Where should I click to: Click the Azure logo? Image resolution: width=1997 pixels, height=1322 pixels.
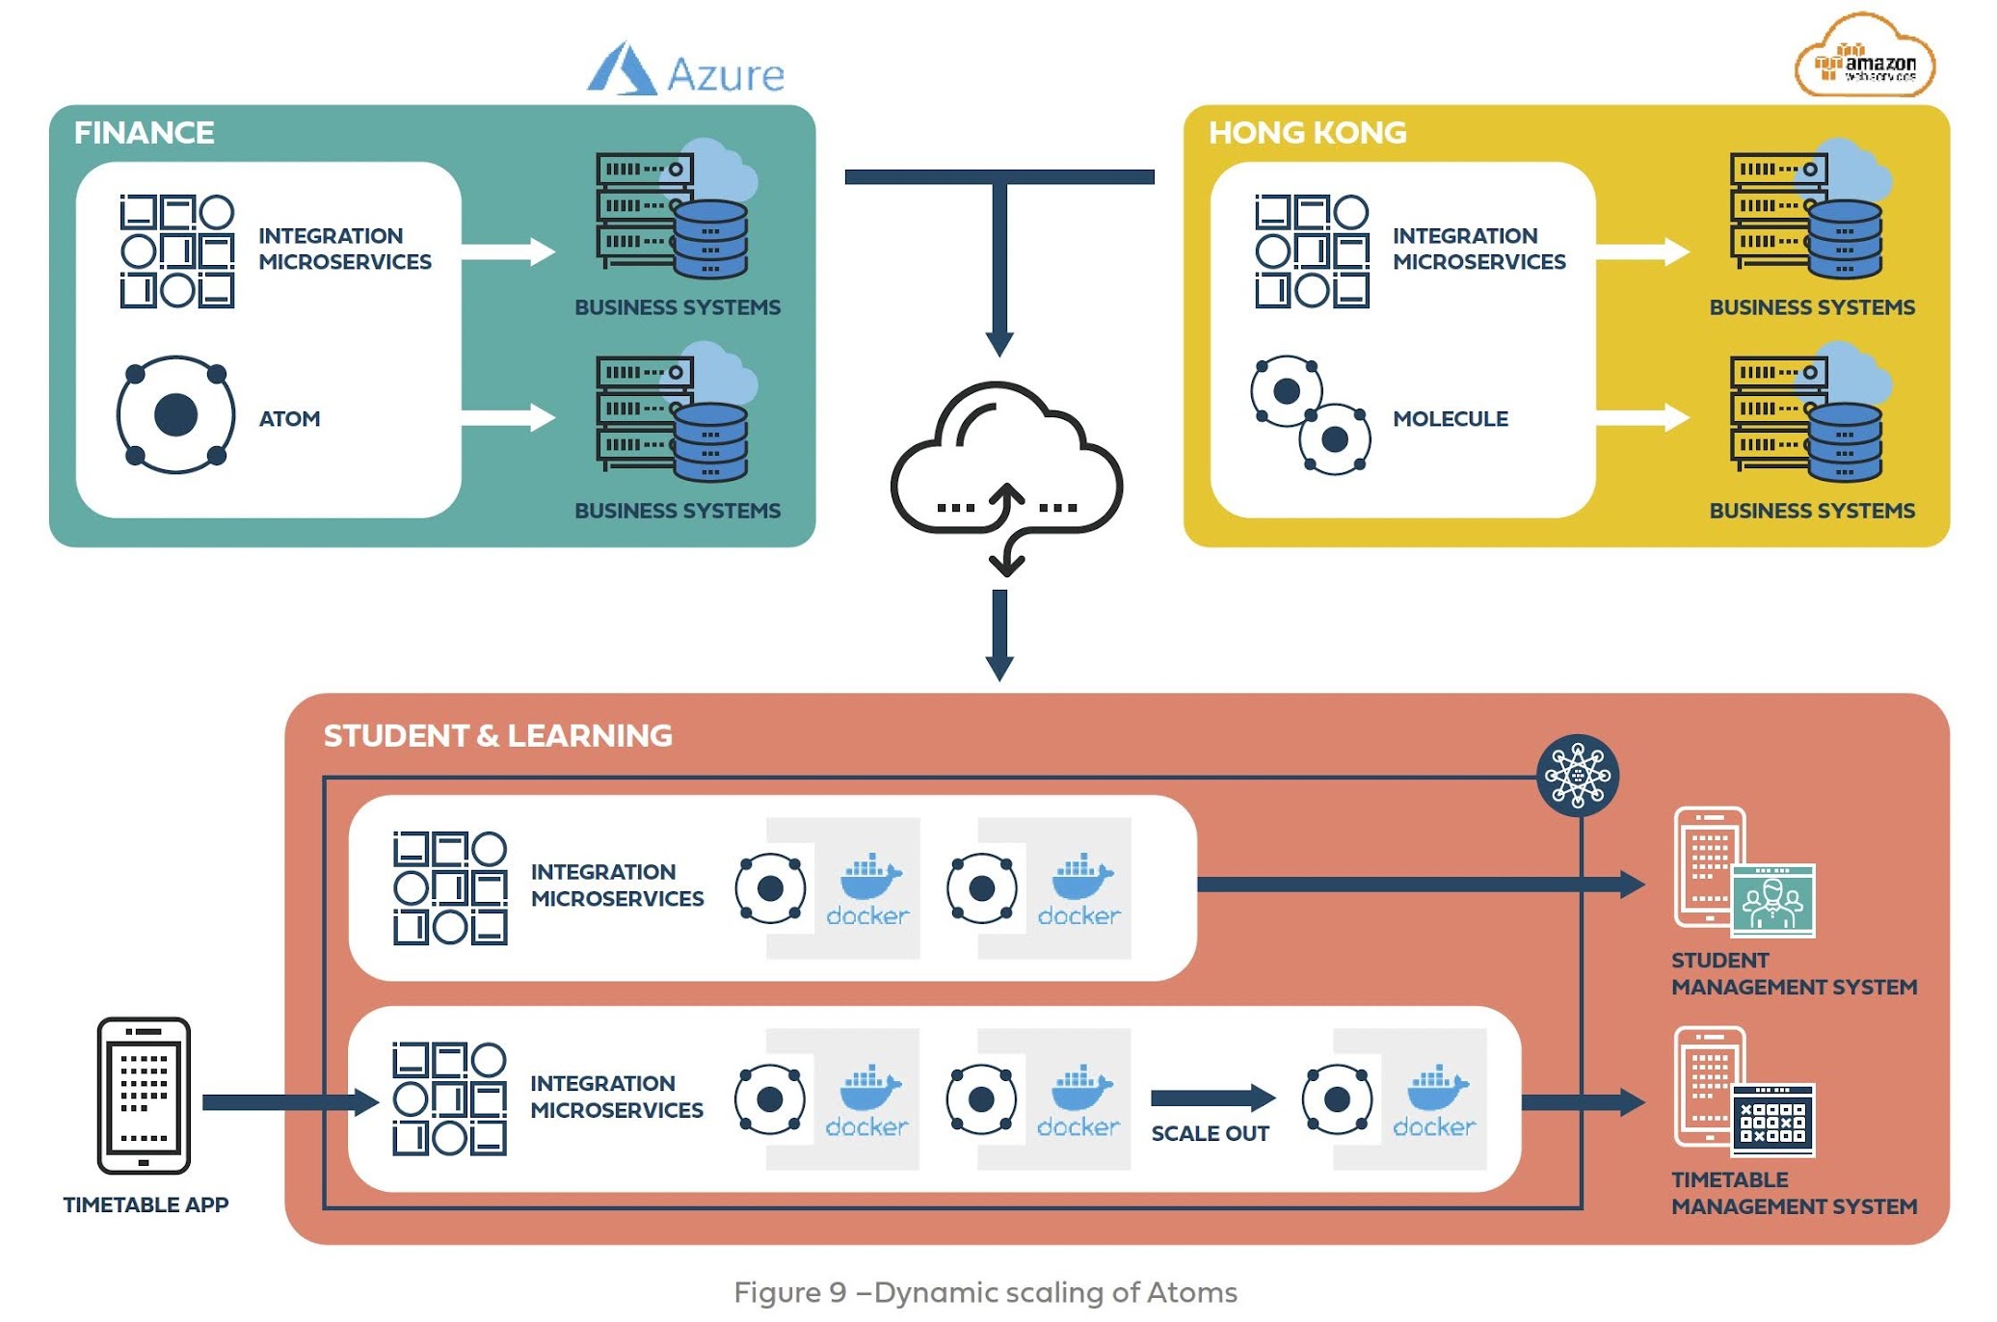[686, 69]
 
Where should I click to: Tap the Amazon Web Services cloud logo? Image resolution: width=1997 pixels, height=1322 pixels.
[1864, 58]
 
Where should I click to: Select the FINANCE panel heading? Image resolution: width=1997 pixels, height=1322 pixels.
[144, 133]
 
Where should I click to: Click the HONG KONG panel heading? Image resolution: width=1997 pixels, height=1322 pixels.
[1307, 133]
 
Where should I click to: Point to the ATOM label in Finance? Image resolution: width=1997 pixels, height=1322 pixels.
[289, 419]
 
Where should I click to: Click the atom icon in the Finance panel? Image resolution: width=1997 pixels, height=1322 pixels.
[175, 415]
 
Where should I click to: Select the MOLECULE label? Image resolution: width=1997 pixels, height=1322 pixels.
[1450, 419]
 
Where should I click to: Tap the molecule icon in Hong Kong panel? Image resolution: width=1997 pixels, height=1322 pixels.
[1310, 416]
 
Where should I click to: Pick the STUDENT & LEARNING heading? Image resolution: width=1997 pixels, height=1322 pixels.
[497, 736]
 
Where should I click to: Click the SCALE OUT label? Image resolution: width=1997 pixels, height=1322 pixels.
[1210, 1134]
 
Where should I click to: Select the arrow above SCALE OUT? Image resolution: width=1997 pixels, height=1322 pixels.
[1212, 1097]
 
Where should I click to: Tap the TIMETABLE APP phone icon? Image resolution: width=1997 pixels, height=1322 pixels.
[144, 1096]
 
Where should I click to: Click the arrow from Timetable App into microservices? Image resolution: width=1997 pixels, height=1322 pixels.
[289, 1102]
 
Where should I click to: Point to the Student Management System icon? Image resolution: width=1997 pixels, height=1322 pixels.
[1744, 872]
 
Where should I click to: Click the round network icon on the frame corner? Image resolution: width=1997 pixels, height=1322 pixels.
[1577, 776]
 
